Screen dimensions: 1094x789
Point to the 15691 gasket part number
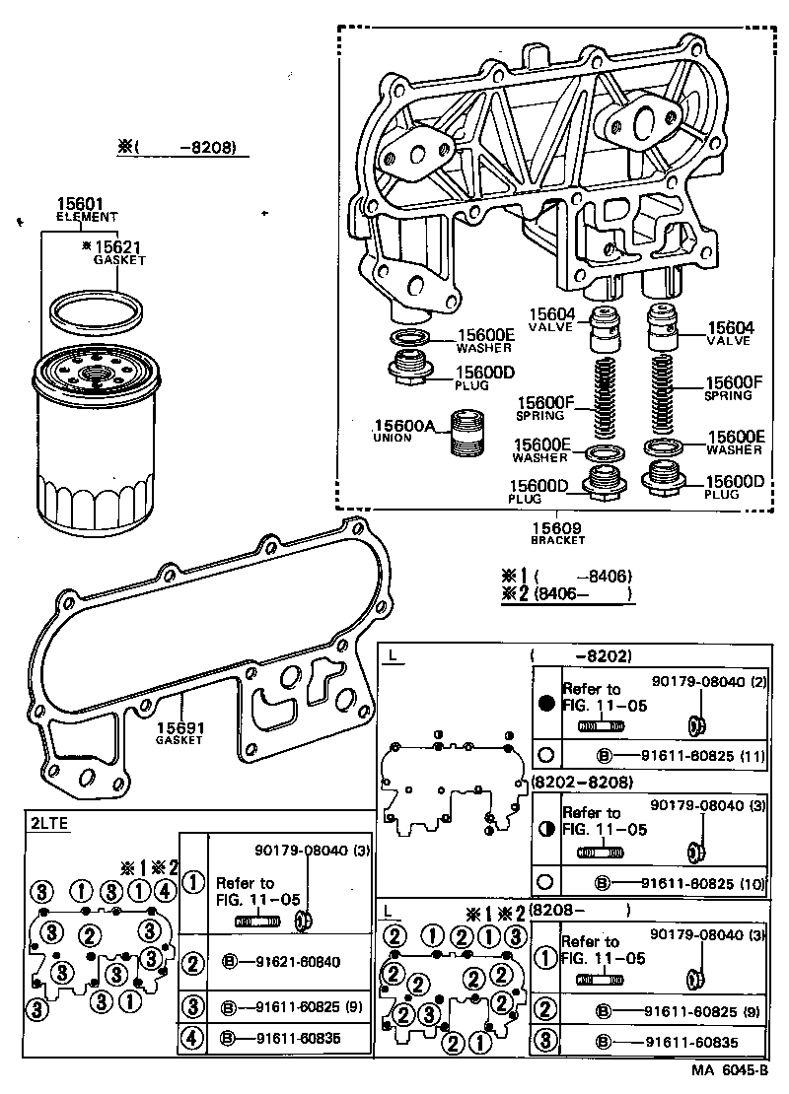coord(179,728)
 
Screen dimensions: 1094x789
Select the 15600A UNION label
coord(403,427)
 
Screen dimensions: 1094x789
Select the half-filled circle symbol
coord(546,829)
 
